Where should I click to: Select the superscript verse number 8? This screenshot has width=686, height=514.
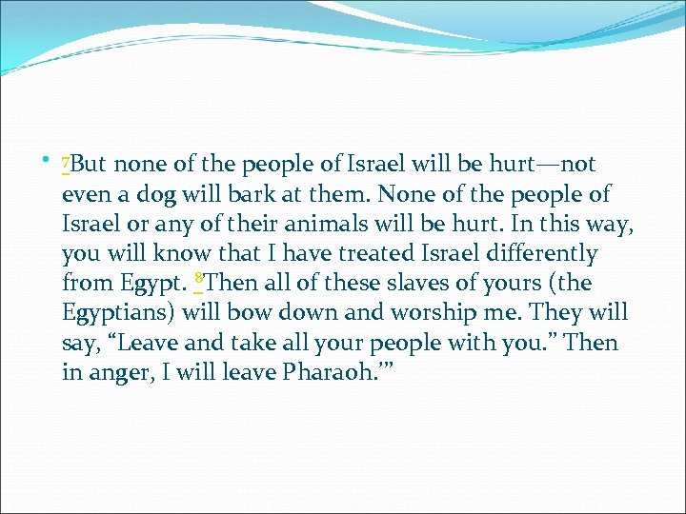(x=197, y=278)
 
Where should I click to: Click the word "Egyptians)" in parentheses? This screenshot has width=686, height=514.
(x=118, y=313)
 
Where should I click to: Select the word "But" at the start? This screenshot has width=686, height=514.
(x=89, y=165)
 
